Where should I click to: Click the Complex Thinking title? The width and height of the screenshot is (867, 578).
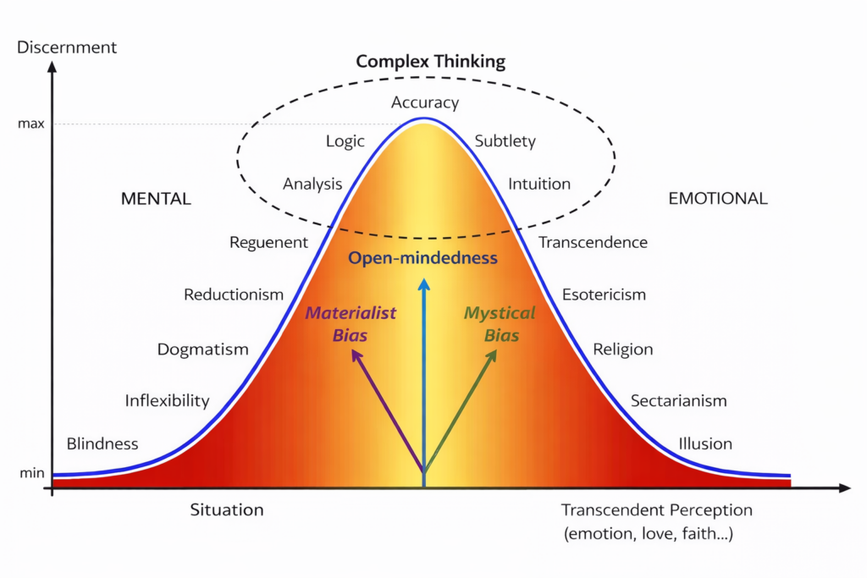430,61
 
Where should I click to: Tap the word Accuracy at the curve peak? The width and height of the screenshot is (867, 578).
425,102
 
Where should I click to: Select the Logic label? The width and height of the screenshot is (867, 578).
345,141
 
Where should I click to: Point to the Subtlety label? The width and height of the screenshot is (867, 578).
505,141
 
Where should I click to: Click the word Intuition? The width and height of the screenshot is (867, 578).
539,184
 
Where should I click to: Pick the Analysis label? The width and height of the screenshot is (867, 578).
312,184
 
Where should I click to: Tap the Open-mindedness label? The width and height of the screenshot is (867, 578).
422,258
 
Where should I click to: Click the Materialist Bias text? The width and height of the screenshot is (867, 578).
351,323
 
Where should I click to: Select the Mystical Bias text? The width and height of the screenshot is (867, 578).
500,323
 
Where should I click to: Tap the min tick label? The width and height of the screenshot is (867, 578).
31,473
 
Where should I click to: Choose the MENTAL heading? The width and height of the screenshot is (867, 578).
156,199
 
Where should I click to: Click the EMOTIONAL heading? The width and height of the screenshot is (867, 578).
717,199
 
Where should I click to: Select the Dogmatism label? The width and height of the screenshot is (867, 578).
203,349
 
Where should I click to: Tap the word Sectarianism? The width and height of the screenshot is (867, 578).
678,401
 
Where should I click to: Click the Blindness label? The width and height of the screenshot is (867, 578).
102,443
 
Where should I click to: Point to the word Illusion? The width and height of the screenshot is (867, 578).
705,443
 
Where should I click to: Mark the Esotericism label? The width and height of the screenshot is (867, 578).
604,295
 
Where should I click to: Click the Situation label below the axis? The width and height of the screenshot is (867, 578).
227,509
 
